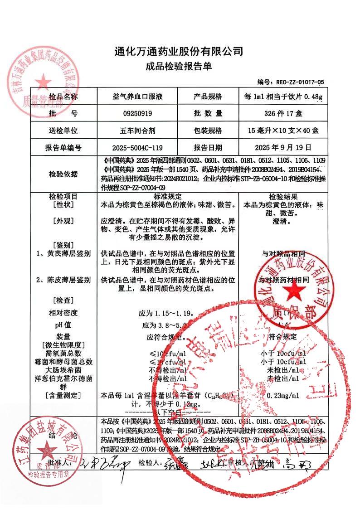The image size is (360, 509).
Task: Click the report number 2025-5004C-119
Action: click(x=137, y=147)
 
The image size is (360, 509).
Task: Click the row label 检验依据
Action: click(x=63, y=175)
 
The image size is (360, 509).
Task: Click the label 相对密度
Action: click(x=63, y=313)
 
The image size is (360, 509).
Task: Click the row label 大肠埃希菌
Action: click(x=63, y=369)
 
